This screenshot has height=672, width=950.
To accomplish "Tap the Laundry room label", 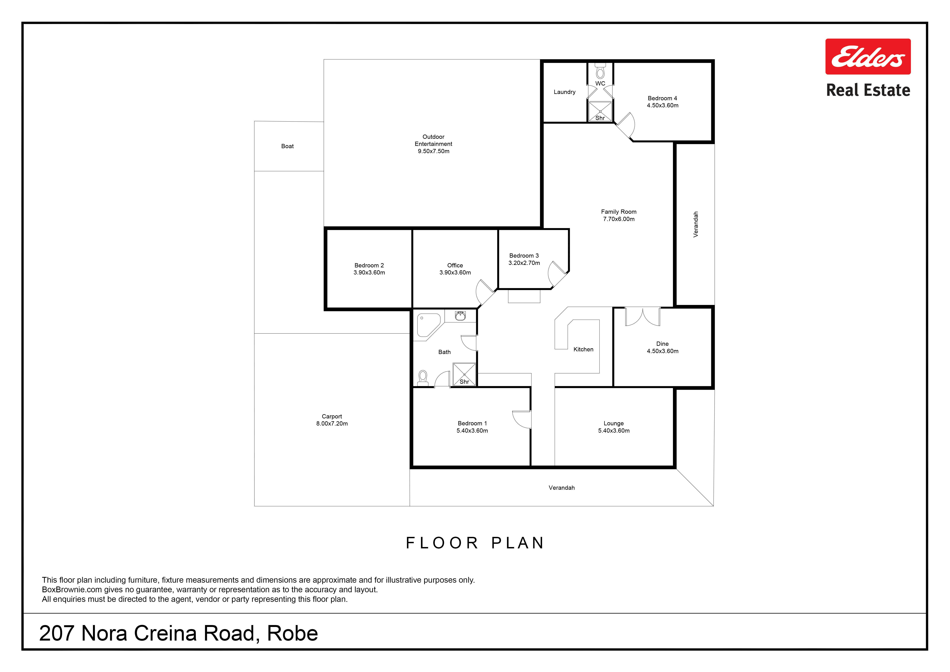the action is tap(564, 92).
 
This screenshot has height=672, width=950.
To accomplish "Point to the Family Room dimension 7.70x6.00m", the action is tap(619, 219).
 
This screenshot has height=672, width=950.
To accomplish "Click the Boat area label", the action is tap(287, 146).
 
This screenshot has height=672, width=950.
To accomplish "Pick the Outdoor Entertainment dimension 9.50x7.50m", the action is tap(433, 151).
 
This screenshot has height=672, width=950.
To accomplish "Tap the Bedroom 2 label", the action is tap(369, 265).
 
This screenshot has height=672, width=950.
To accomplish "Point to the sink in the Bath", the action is tap(460, 316).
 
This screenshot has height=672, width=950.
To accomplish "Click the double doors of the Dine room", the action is tap(643, 317).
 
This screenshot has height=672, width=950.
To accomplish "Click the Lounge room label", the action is tap(614, 423).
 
